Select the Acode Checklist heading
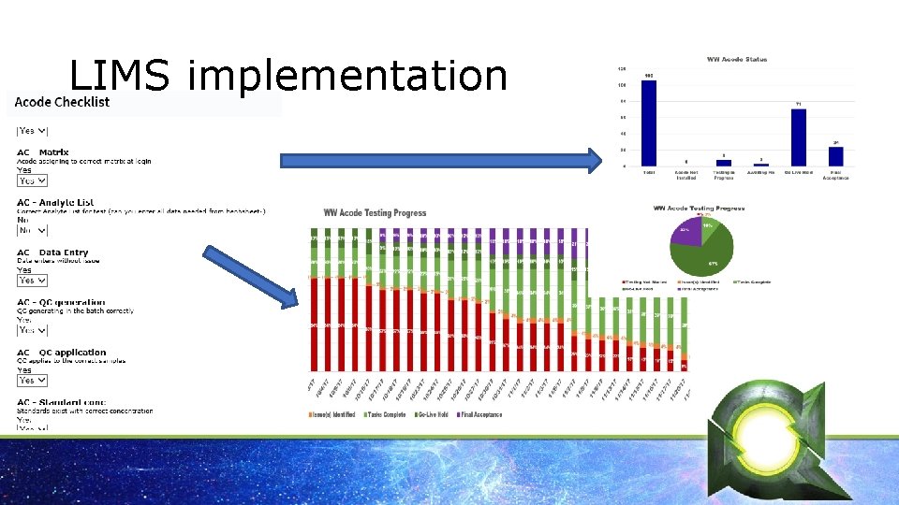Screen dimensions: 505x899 [x=62, y=102]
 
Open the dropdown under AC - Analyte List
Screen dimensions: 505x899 [x=32, y=229]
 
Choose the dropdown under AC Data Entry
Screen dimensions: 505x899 [x=33, y=280]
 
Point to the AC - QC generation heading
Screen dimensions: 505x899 [x=61, y=303]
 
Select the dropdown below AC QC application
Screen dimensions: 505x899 [x=33, y=380]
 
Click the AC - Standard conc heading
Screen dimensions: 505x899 [x=61, y=403]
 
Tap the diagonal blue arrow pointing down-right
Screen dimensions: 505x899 [x=249, y=277]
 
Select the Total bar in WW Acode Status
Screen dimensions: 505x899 [x=649, y=123]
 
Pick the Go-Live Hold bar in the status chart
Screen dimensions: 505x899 [x=799, y=137]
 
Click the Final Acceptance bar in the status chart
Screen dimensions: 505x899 [x=835, y=156]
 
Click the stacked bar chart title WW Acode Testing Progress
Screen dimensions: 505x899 [x=375, y=213]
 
